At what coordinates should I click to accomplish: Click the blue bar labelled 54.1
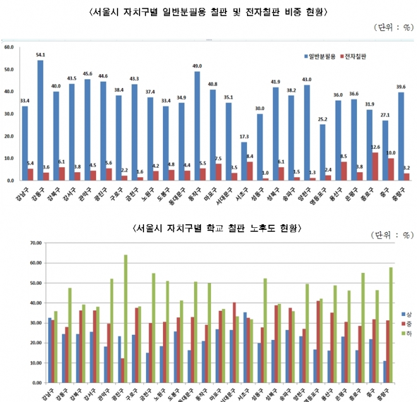coord(40,120)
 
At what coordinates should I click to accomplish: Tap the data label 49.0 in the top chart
coord(197,66)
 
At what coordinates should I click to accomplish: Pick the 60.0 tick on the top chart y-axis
coord(9,47)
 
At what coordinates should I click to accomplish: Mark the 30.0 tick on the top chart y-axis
coord(9,114)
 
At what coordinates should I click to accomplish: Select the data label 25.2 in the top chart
coord(322,119)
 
